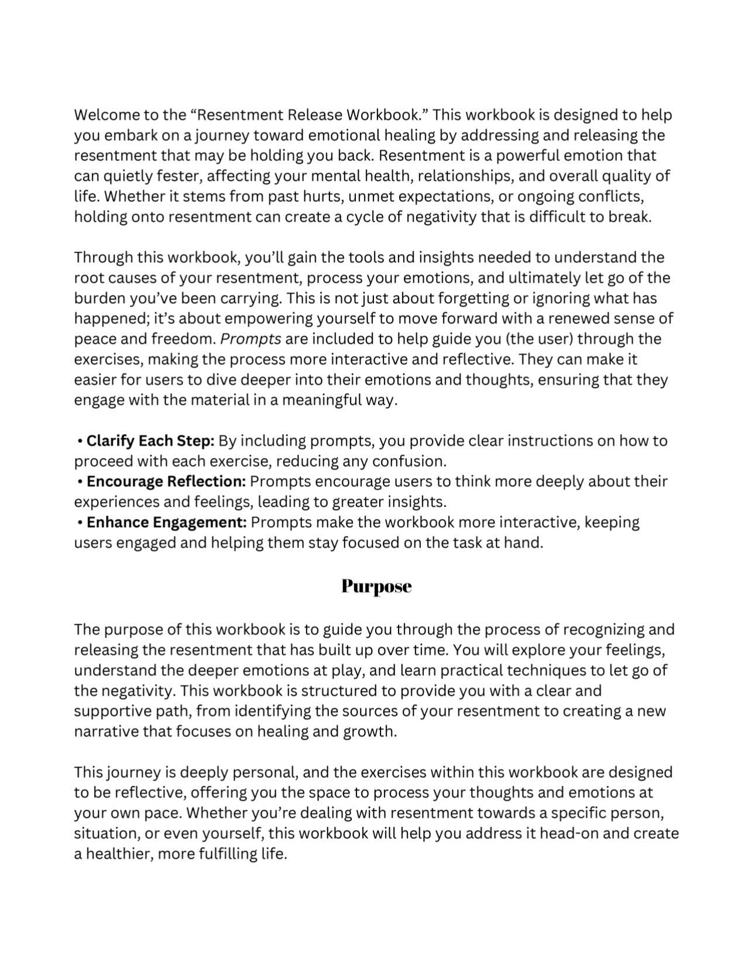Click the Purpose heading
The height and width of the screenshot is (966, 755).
[376, 586]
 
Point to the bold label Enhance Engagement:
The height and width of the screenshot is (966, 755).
[166, 522]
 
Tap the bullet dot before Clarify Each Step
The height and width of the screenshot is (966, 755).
[80, 441]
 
